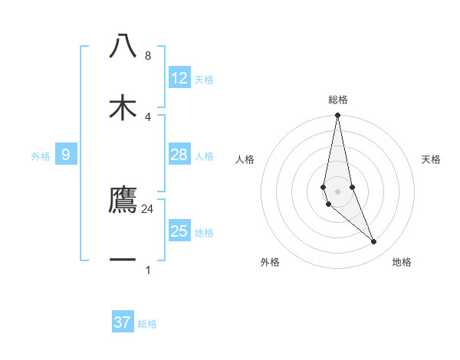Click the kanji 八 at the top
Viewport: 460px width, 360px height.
[123, 47]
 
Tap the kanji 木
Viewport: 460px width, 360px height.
[123, 107]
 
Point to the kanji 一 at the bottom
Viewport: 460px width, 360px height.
[123, 260]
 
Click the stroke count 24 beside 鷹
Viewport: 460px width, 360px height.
[147, 208]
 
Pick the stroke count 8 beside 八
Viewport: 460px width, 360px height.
[147, 56]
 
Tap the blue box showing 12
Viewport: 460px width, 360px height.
[179, 78]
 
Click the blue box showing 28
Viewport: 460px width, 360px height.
[179, 155]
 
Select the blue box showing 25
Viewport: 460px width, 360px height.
[179, 231]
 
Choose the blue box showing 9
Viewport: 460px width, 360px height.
[66, 155]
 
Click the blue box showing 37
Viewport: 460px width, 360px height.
[123, 322]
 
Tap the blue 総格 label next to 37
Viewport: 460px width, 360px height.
[147, 324]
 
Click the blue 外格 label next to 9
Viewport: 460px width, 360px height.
[41, 156]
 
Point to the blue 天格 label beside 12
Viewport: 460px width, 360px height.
[204, 80]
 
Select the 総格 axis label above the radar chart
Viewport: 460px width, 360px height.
[338, 100]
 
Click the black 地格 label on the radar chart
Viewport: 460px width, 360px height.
[402, 262]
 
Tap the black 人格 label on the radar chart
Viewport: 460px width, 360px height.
[245, 159]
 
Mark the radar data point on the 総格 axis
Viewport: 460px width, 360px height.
[338, 116]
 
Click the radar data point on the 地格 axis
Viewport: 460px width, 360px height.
[374, 241]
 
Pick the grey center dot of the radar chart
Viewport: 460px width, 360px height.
[338, 191]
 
